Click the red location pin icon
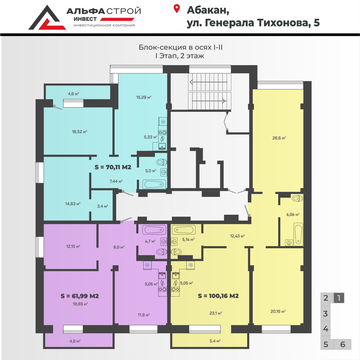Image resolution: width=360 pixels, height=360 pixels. [x=176, y=9]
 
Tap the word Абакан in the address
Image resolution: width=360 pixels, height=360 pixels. [x=208, y=10]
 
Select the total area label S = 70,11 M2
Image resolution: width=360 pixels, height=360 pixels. [x=113, y=167]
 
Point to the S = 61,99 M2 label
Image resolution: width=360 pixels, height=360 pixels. [x=80, y=296]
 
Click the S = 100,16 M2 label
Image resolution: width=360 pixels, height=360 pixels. [x=218, y=296]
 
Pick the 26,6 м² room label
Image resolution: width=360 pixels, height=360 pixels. [x=279, y=138]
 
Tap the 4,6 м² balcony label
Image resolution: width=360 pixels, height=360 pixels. [x=73, y=94]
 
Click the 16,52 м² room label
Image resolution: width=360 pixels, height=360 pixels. [x=79, y=132]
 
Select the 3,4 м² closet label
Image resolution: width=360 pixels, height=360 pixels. [x=102, y=206]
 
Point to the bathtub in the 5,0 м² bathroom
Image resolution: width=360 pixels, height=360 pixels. [x=154, y=184]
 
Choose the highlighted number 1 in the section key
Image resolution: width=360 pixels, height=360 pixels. [x=339, y=298]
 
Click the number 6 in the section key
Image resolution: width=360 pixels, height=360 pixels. [x=343, y=344]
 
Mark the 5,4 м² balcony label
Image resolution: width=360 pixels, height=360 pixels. [x=215, y=341]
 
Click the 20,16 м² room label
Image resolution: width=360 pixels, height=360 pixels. [x=278, y=311]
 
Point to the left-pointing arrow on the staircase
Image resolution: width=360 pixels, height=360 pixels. [x=209, y=82]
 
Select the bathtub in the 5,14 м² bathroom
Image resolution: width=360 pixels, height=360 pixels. [x=184, y=230]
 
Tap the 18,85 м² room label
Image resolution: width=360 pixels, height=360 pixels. [x=80, y=304]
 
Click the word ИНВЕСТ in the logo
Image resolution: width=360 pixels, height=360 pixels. [x=85, y=19]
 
